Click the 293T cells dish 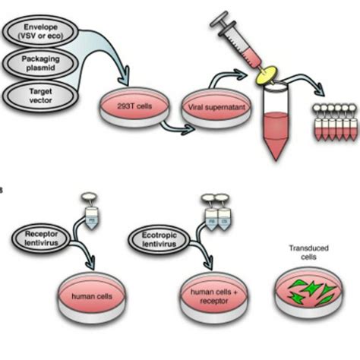127,106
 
